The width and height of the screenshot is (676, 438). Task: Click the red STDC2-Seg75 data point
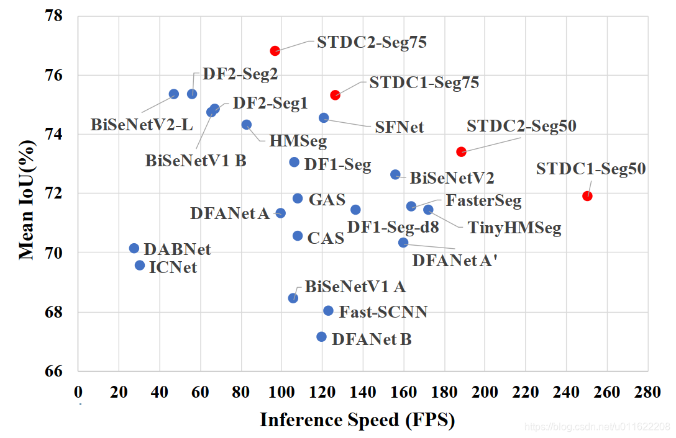(275, 51)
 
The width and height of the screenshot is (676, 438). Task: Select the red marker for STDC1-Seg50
(587, 196)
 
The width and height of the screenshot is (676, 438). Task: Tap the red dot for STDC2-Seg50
(461, 151)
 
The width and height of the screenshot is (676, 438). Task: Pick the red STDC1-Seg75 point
(335, 95)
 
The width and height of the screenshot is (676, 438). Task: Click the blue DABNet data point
(134, 248)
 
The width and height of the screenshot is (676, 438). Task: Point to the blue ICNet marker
(140, 266)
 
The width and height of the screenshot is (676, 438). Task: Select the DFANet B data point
(321, 337)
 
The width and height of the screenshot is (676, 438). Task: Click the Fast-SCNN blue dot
(328, 310)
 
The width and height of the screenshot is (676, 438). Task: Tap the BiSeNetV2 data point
(395, 174)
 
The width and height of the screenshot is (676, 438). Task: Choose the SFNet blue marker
(324, 118)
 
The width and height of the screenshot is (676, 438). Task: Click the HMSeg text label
(298, 141)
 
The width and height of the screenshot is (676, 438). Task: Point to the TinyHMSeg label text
(514, 228)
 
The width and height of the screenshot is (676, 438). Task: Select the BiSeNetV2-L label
(142, 125)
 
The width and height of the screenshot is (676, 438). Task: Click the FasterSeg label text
(483, 201)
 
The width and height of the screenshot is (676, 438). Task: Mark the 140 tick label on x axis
(362, 392)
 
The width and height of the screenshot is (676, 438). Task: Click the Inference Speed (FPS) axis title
(357, 420)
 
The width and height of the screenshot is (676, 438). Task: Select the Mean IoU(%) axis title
(26, 194)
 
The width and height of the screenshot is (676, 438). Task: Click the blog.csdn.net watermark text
(597, 427)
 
